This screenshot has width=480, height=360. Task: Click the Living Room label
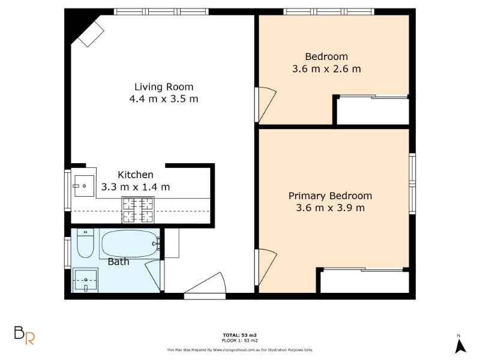(x=164, y=87)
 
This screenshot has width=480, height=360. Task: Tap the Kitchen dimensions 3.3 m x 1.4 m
(x=136, y=187)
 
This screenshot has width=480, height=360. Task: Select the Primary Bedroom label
(x=331, y=196)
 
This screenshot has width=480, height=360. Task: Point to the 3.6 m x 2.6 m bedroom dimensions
(x=326, y=69)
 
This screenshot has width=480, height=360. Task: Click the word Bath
(x=118, y=262)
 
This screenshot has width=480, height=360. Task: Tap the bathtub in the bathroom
(x=130, y=244)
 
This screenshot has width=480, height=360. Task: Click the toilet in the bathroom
(x=85, y=243)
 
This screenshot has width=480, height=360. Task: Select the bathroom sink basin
(x=85, y=280)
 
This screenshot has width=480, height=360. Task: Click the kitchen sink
(x=84, y=186)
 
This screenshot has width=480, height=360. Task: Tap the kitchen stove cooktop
(x=138, y=209)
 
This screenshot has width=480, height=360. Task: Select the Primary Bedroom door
(x=266, y=267)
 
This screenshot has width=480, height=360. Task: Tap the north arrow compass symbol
(x=460, y=344)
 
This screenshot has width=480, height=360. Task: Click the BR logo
(x=25, y=335)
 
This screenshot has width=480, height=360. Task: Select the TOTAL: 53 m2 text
(x=239, y=335)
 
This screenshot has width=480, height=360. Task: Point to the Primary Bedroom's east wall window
(x=412, y=184)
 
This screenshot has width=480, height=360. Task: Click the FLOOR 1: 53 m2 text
(x=239, y=340)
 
